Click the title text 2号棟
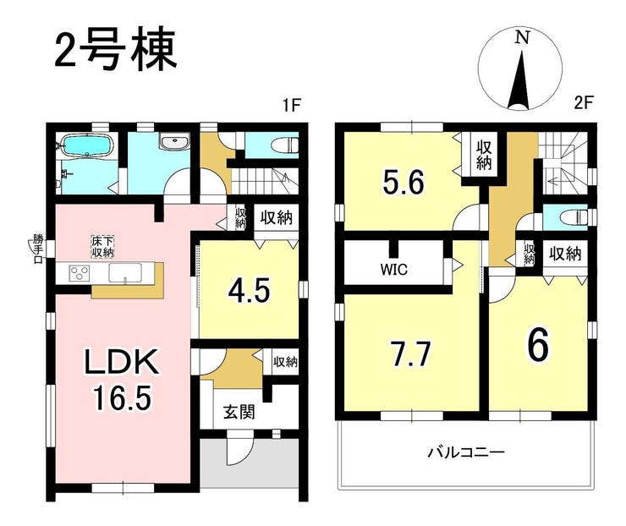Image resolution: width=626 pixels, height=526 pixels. pos(115,50)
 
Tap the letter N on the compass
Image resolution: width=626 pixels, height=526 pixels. pos(522,38)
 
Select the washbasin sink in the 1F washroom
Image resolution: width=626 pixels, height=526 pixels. pos(174,142)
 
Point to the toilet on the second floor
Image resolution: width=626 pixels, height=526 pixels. pos(574,218)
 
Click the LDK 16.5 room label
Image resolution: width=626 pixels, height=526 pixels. pos(121,379)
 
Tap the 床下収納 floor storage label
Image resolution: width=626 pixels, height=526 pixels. pos(103,247)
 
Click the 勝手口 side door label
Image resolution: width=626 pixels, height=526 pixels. pos(37,249)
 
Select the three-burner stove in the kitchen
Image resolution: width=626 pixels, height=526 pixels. pos(79,274)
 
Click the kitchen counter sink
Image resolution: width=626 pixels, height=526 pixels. pos(126,273)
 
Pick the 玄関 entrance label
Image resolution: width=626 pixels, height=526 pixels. pos(239,412)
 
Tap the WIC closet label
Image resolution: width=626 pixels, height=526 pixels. pos(393,270)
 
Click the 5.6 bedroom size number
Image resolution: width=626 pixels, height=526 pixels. pos(404,182)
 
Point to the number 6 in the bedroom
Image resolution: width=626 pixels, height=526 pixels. pos(538,345)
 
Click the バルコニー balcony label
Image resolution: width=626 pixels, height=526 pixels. pos(467,452)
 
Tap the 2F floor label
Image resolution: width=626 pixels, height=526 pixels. pos(583,104)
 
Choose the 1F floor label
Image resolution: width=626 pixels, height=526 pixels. pos(291,107)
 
